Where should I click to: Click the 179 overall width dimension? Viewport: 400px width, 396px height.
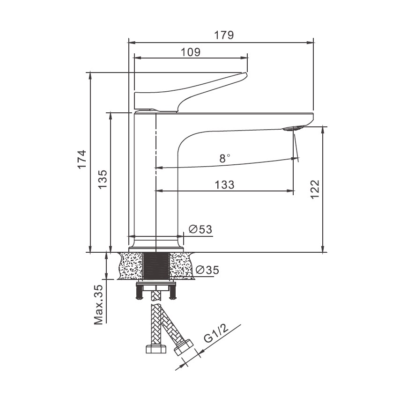[224, 35]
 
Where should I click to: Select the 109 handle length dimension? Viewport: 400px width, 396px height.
[191, 52]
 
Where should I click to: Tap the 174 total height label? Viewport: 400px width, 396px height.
[82, 160]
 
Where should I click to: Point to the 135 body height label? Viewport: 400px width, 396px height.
[103, 179]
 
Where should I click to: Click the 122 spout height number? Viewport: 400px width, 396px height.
[315, 190]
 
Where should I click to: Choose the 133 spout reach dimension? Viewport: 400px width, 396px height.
[224, 185]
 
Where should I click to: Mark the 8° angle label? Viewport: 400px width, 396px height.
[224, 158]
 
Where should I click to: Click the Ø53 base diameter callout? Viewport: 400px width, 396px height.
[200, 229]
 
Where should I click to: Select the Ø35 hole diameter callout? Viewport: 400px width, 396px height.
[207, 270]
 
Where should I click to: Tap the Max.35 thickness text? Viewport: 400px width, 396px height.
[98, 304]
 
